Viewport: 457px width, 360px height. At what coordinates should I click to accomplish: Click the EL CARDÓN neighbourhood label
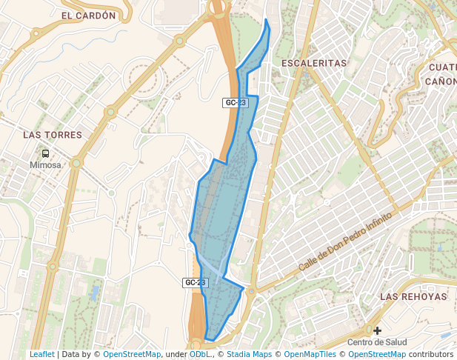[x=89, y=15]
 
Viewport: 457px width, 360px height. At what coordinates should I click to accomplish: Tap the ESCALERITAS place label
[x=314, y=64]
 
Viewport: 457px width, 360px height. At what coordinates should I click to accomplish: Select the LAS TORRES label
[x=53, y=135]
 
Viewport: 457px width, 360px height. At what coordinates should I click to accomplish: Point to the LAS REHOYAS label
[x=413, y=296]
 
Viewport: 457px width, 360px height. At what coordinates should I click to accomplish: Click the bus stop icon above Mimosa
[x=46, y=154]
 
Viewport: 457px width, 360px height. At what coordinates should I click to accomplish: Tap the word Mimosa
[x=46, y=165]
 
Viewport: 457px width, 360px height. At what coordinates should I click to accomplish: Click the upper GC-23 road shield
[x=235, y=103]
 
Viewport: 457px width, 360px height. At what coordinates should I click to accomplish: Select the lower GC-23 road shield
[x=195, y=283]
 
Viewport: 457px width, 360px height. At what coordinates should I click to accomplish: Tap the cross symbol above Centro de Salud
[x=378, y=330]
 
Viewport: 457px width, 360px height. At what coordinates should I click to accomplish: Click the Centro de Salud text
[x=378, y=341]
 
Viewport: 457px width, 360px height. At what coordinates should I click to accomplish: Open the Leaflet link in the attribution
[x=42, y=354]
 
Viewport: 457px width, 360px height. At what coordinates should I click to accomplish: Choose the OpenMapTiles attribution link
[x=310, y=354]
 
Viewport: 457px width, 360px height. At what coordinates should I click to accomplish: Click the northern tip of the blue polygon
[x=266, y=19]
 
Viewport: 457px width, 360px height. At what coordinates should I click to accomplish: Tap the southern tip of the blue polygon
[x=207, y=339]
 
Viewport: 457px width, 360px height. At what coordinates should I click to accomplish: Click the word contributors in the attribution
[x=430, y=354]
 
